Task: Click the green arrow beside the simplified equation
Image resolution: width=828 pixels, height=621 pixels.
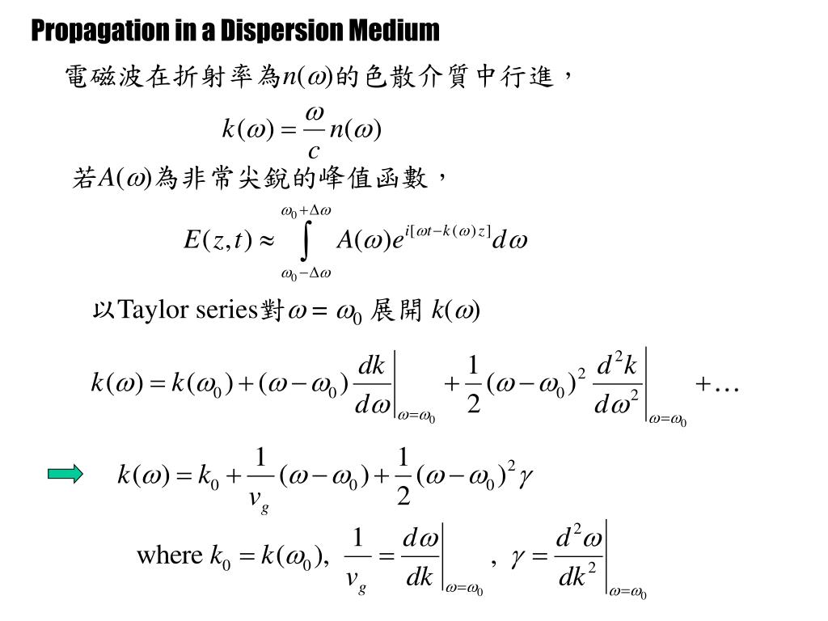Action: pos(65,474)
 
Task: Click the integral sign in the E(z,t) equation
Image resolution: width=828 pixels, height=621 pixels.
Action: pos(305,241)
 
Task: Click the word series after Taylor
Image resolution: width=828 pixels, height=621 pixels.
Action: pos(226,310)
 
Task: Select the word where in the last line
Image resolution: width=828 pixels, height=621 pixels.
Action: pos(169,556)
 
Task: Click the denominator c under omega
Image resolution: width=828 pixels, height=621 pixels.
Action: pos(314,150)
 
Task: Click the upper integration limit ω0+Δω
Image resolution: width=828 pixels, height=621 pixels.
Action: pos(306,211)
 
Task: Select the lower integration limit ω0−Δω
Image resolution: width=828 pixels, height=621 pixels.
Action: pos(306,272)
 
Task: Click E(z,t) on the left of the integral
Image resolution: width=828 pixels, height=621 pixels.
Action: pos(218,240)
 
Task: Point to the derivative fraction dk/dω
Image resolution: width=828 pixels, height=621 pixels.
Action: pos(372,385)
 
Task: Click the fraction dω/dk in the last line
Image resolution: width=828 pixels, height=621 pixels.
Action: pos(420,556)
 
